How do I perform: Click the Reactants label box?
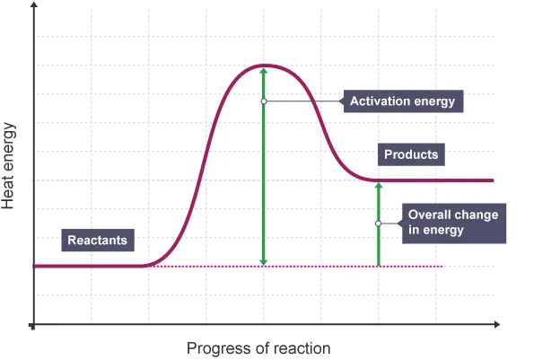[100, 240]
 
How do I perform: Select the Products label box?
[411, 154]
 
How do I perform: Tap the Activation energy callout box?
[402, 101]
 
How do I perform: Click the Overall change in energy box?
[452, 223]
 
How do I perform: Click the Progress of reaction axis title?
[258, 347]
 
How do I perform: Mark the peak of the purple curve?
[263, 65]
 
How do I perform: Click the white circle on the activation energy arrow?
[263, 101]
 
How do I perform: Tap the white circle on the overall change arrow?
[378, 224]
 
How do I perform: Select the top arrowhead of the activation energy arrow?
[263, 71]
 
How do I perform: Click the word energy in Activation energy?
[434, 101]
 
